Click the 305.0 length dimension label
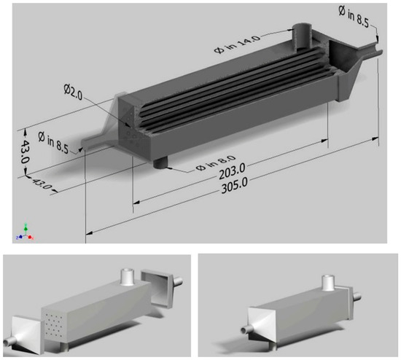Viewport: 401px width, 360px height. (x=234, y=186)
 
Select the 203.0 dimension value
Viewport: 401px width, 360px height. (x=232, y=171)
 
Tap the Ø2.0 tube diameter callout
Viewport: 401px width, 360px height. (x=73, y=93)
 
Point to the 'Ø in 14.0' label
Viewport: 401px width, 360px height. (x=237, y=44)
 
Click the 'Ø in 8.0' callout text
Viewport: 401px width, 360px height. (x=216, y=163)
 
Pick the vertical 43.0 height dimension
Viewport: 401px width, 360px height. (x=25, y=152)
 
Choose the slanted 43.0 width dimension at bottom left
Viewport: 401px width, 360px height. (x=42, y=184)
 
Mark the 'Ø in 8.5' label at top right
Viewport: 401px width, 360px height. (x=354, y=16)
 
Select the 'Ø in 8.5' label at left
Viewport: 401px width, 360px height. (x=53, y=143)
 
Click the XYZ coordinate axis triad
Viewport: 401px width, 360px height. (x=25, y=232)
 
